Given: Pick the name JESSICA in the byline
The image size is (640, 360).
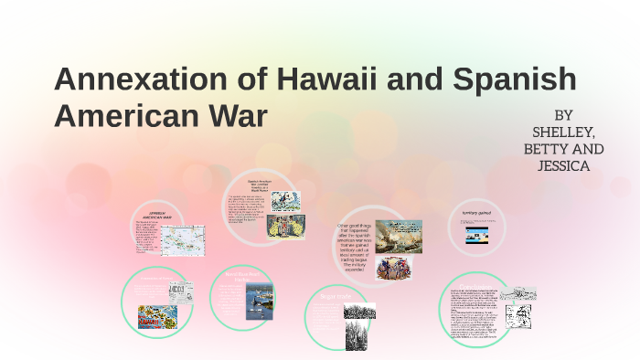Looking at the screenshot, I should coord(564,166).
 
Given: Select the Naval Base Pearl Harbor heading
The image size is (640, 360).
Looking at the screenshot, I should coord(243,275).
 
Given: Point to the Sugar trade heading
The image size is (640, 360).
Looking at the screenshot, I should coord(332,296).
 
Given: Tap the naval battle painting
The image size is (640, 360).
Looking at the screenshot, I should coord(399,235).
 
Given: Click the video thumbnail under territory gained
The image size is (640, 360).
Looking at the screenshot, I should coord(477,236).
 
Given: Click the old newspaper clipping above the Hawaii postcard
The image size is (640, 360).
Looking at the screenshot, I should coord(183,292).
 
